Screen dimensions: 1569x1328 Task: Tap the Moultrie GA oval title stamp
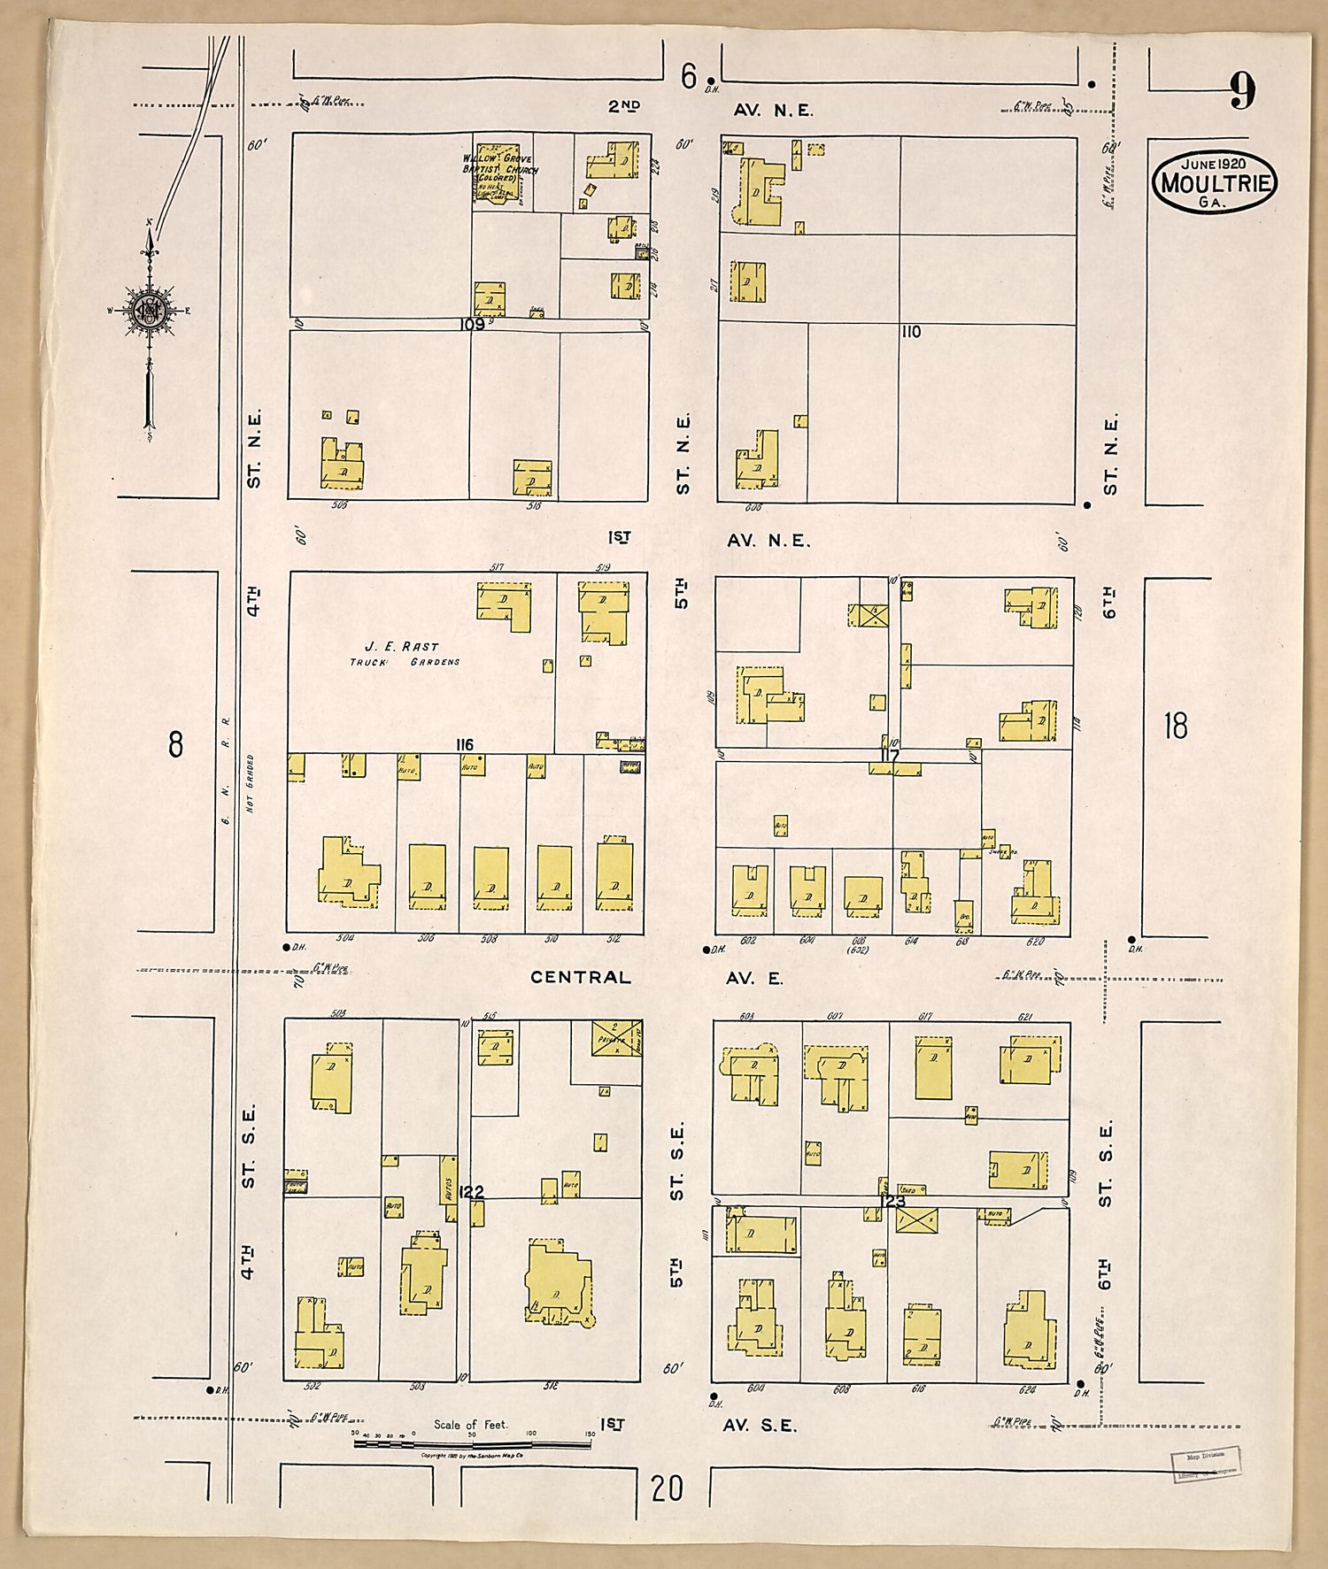click(1215, 182)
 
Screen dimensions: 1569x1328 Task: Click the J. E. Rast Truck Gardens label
click(403, 653)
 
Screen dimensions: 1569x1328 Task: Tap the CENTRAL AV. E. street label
click(657, 977)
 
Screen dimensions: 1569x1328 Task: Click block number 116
click(464, 744)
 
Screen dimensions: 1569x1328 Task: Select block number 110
click(911, 332)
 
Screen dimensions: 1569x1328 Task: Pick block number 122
click(472, 1192)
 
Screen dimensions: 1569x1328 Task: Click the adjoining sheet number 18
click(1175, 726)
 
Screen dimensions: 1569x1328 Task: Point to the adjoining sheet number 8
click(175, 744)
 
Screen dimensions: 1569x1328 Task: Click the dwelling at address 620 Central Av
click(1036, 894)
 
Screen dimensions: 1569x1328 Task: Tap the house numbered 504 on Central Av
click(347, 872)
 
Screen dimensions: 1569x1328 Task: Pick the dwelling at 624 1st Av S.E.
click(1029, 1334)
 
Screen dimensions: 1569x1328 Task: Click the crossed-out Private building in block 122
click(616, 1037)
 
